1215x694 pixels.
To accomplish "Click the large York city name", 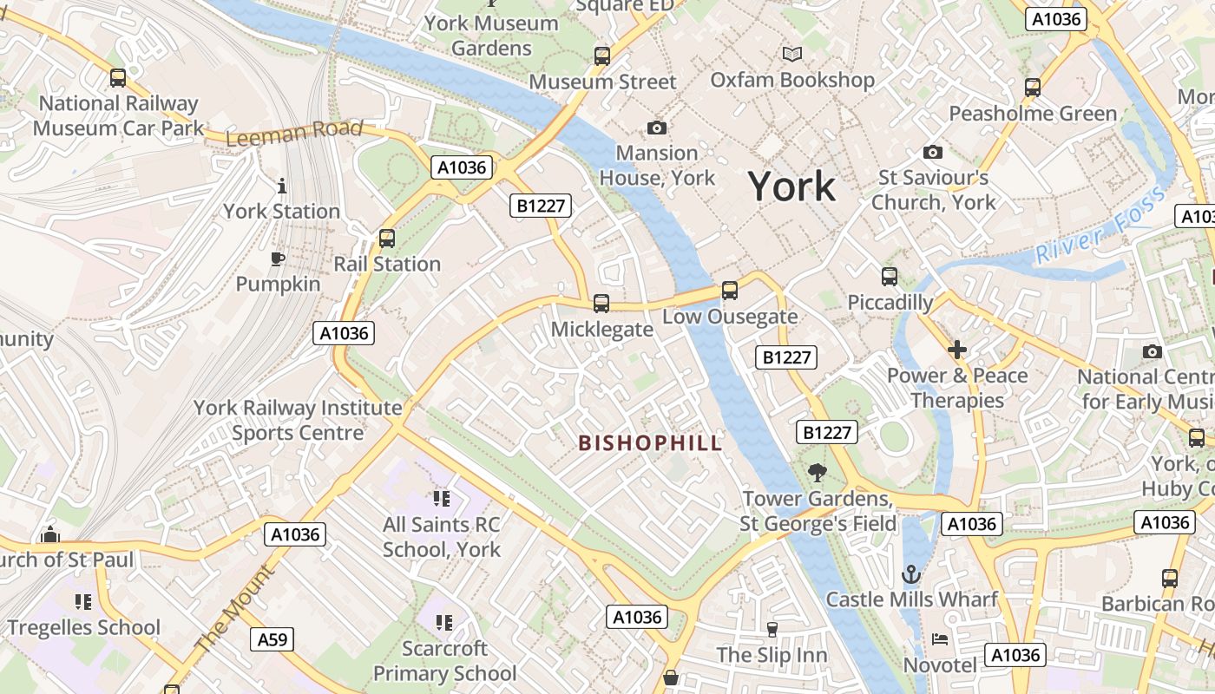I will pos(791,187).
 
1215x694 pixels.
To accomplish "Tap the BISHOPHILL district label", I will pos(650,443).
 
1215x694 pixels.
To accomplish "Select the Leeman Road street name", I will pos(294,133).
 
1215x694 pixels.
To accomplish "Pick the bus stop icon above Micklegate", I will pos(601,304).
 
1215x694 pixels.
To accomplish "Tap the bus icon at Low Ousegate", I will pos(729,291).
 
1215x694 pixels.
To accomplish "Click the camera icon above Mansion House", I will pos(657,128).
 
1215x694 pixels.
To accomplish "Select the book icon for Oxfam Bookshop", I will pos(791,54).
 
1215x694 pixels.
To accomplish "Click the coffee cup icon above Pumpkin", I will pos(277,259).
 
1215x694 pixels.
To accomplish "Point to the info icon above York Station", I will pos(281,186).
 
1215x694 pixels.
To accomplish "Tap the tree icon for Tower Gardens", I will pos(817,473).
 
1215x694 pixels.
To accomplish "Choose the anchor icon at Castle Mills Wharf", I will pos(911,573).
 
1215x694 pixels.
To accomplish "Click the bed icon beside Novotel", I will pos(940,639).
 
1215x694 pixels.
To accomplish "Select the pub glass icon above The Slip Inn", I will pos(772,629).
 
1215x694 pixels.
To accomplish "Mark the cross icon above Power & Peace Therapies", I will pos(957,350).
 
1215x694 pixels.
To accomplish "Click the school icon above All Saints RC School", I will pos(442,499).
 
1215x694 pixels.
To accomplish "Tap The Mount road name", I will pos(233,610).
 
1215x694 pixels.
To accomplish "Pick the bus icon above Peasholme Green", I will pos(1032,88).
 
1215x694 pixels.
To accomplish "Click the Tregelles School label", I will pos(84,627).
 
